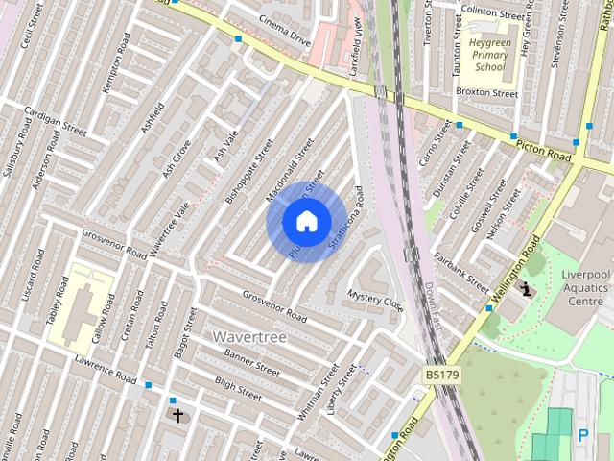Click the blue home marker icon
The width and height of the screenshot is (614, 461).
(306, 222)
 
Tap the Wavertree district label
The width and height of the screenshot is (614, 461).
(247, 337)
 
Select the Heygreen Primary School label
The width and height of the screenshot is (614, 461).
(489, 55)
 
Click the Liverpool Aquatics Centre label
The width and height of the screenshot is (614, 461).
(585, 287)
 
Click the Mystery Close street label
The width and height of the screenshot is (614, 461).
(375, 300)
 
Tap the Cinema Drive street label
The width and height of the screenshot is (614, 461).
(286, 35)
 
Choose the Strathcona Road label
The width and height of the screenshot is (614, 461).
(345, 218)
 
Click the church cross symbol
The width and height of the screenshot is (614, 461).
(177, 416)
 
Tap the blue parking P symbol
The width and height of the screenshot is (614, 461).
(583, 435)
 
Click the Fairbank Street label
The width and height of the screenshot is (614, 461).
(460, 266)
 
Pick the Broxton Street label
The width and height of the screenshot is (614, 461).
(486, 93)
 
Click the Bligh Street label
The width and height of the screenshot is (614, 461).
(238, 388)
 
